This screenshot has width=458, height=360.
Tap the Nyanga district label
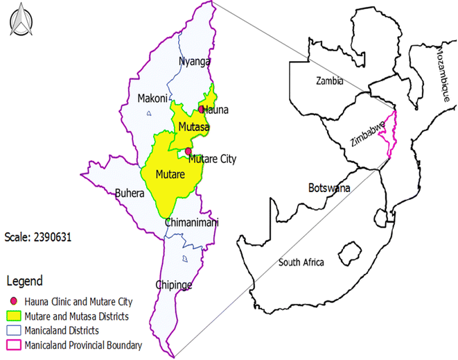pyautogui.click(x=194, y=62)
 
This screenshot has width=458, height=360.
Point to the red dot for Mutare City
pyautogui.click(x=188, y=151)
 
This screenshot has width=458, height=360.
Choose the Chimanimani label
pyautogui.click(x=192, y=223)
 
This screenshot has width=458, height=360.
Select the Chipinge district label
pyautogui.click(x=173, y=285)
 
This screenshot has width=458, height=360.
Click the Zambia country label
pyautogui.click(x=329, y=80)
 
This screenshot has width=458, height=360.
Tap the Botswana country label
pyautogui.click(x=329, y=188)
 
